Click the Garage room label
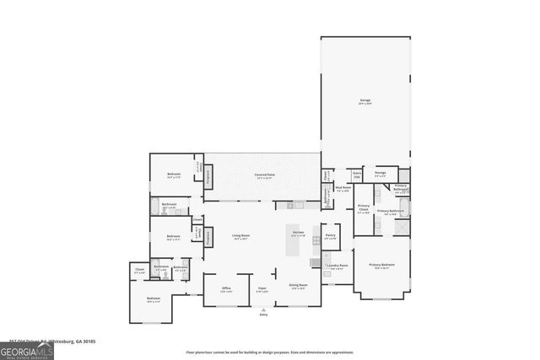[x=365, y=101]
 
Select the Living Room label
[x=240, y=237]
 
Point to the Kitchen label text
[x=298, y=234]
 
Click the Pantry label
[x=331, y=237]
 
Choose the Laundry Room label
[x=338, y=266]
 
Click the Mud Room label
[x=343, y=189]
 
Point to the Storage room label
[x=381, y=174]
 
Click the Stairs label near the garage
[x=357, y=175]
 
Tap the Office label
[x=226, y=289]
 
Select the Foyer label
[x=262, y=289]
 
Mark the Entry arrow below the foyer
[x=263, y=309]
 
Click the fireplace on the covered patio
[x=208, y=177]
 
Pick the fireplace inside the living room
[x=208, y=239]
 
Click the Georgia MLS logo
[x=27, y=349]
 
